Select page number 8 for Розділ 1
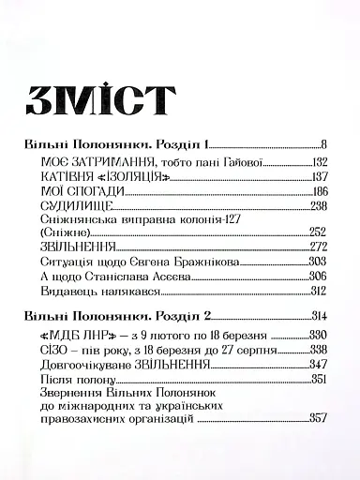coord(322,145)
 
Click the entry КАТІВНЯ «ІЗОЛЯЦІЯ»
coord(106,177)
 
